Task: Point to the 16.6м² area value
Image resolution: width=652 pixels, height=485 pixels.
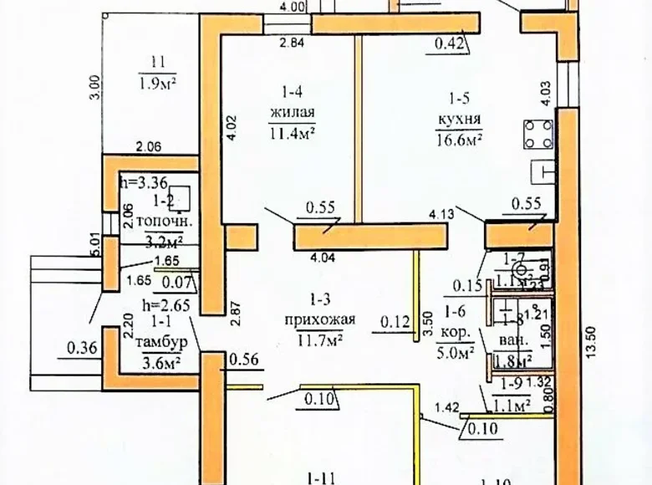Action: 460,139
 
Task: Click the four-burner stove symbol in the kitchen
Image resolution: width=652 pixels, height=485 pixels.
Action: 538,135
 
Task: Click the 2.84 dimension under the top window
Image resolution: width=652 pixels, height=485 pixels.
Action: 292,43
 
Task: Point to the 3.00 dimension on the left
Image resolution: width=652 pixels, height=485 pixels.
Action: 94,86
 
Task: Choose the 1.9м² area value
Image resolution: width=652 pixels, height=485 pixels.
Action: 156,82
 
